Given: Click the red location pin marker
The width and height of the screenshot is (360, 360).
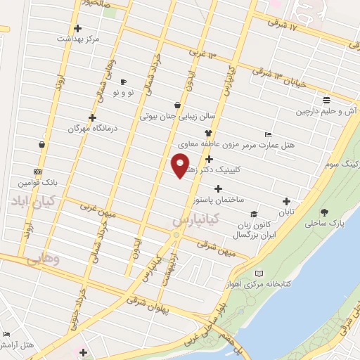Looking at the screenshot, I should click(180, 166).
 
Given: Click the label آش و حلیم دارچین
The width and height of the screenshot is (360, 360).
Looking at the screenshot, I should click(326, 111).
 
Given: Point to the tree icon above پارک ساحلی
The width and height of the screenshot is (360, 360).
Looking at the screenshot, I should click(324, 212).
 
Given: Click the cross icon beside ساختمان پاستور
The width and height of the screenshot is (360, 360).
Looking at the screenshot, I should click(218, 188).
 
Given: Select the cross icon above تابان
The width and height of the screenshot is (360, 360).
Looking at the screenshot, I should click(286, 201).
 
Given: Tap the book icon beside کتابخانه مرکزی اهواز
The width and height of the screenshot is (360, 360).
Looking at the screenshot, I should click(259, 273).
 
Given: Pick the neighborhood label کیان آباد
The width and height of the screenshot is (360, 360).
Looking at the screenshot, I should click(37, 202).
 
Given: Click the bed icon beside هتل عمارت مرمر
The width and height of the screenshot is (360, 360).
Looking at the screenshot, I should click(267, 134).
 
